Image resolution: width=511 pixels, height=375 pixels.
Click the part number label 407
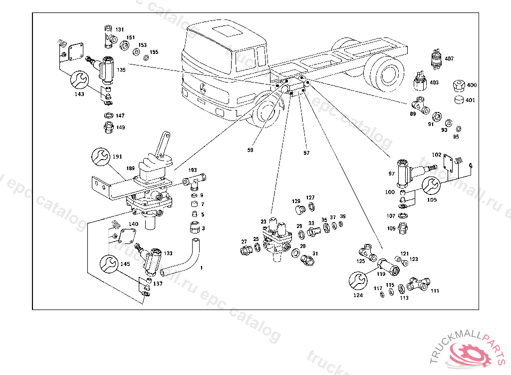[449, 58]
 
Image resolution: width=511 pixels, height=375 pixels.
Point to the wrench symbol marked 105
[432, 185]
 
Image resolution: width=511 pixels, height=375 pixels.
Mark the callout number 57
[306, 152]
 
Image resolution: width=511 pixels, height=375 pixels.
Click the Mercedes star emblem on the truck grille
[204, 89]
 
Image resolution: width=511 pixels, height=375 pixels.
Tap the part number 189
[130, 169]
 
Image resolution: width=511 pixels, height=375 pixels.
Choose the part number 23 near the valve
[263, 221]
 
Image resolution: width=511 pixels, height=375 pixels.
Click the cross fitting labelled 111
[417, 285]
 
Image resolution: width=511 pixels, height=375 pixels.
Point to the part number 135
[121, 70]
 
